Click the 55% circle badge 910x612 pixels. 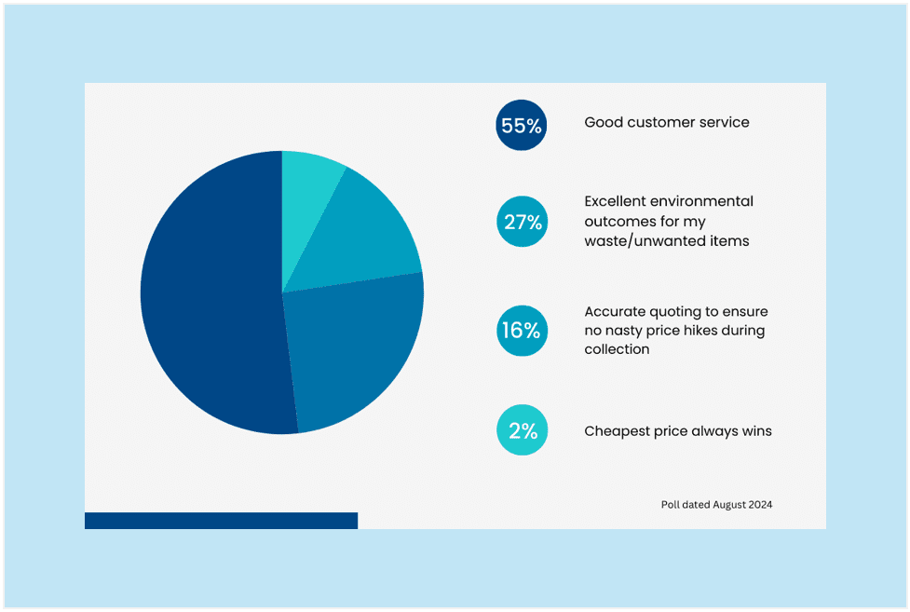click(521, 126)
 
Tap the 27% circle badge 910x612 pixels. click(521, 222)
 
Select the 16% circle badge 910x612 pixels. click(521, 330)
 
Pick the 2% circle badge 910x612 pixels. click(521, 430)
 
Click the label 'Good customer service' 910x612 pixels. click(666, 122)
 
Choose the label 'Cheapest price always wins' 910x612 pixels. click(677, 430)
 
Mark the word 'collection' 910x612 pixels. click(617, 349)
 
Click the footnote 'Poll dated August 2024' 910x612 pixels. click(716, 505)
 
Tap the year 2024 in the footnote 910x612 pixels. click(758, 505)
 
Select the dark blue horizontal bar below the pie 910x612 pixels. click(221, 520)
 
